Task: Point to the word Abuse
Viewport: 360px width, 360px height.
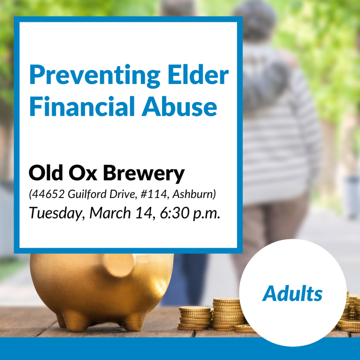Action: (x=179, y=106)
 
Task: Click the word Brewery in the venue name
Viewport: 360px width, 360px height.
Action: (x=144, y=174)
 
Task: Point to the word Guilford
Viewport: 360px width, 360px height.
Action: (x=87, y=194)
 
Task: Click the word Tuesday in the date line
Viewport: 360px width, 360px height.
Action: (x=55, y=213)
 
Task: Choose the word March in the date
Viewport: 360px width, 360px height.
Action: (x=110, y=213)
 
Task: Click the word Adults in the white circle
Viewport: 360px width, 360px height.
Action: (x=292, y=293)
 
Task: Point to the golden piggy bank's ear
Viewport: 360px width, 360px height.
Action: (x=119, y=265)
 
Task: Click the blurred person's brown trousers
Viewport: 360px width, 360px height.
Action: (x=271, y=232)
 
